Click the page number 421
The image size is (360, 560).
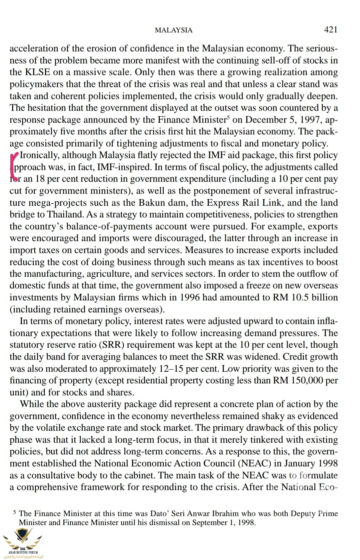point(331,30)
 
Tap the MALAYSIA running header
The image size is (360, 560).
point(173,30)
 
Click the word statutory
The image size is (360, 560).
point(26,345)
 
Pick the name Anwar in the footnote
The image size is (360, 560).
point(200,514)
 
